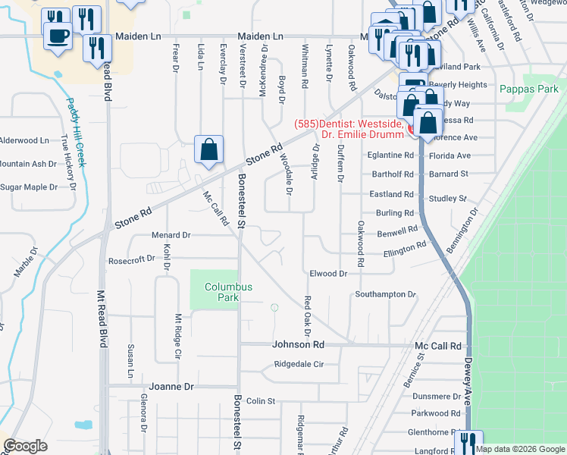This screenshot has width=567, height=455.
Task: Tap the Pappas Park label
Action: (528, 89)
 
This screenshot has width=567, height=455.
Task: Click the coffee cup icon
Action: (58, 35)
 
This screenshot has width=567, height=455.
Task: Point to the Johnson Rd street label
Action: (298, 344)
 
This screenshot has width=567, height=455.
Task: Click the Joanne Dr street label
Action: (171, 386)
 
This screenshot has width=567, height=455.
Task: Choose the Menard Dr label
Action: (171, 235)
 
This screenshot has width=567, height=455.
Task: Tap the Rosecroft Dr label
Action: (131, 258)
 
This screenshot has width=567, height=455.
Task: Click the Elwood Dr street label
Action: (328, 273)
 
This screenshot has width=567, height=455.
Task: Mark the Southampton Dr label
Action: (386, 294)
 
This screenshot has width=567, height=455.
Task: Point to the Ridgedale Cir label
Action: (299, 364)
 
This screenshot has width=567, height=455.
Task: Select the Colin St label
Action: (259, 400)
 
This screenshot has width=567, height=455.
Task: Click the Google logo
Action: (24, 447)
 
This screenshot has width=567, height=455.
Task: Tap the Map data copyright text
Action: (520, 449)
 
